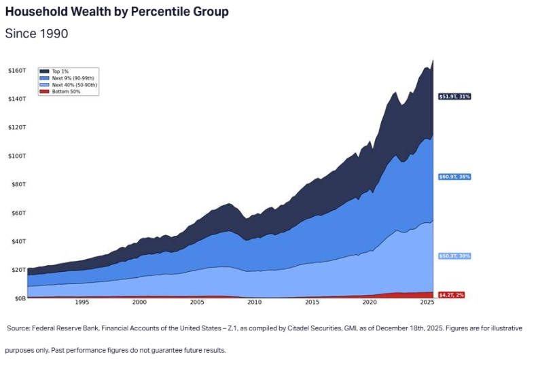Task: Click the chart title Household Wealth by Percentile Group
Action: [117, 12]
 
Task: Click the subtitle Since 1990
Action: [37, 33]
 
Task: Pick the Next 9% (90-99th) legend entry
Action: [69, 77]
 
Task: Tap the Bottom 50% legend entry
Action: [62, 91]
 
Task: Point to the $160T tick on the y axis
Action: [16, 71]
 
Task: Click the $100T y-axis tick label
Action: [16, 156]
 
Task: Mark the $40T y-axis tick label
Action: [17, 241]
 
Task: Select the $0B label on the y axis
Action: [17, 298]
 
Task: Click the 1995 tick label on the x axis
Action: [82, 302]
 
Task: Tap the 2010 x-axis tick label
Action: [254, 302]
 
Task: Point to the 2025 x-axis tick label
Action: [427, 302]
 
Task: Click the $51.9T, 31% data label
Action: [454, 97]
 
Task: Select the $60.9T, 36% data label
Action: [454, 177]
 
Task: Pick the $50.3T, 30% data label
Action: [454, 256]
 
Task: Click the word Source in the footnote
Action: [18, 328]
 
